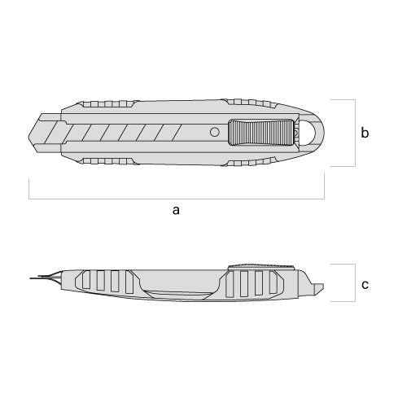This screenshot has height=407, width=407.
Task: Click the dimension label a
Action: tap(176, 210)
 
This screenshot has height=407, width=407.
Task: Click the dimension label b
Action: tap(365, 133)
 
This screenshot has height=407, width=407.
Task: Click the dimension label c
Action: tap(365, 285)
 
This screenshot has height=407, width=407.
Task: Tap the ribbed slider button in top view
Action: tap(260, 132)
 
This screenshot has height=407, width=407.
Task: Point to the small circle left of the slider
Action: tap(215, 132)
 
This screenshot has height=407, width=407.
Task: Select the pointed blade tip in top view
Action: tap(28, 133)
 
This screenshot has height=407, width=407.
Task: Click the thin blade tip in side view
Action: tap(30, 278)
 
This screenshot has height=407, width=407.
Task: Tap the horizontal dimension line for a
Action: tap(177, 199)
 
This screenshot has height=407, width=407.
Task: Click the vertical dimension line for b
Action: tap(355, 133)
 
